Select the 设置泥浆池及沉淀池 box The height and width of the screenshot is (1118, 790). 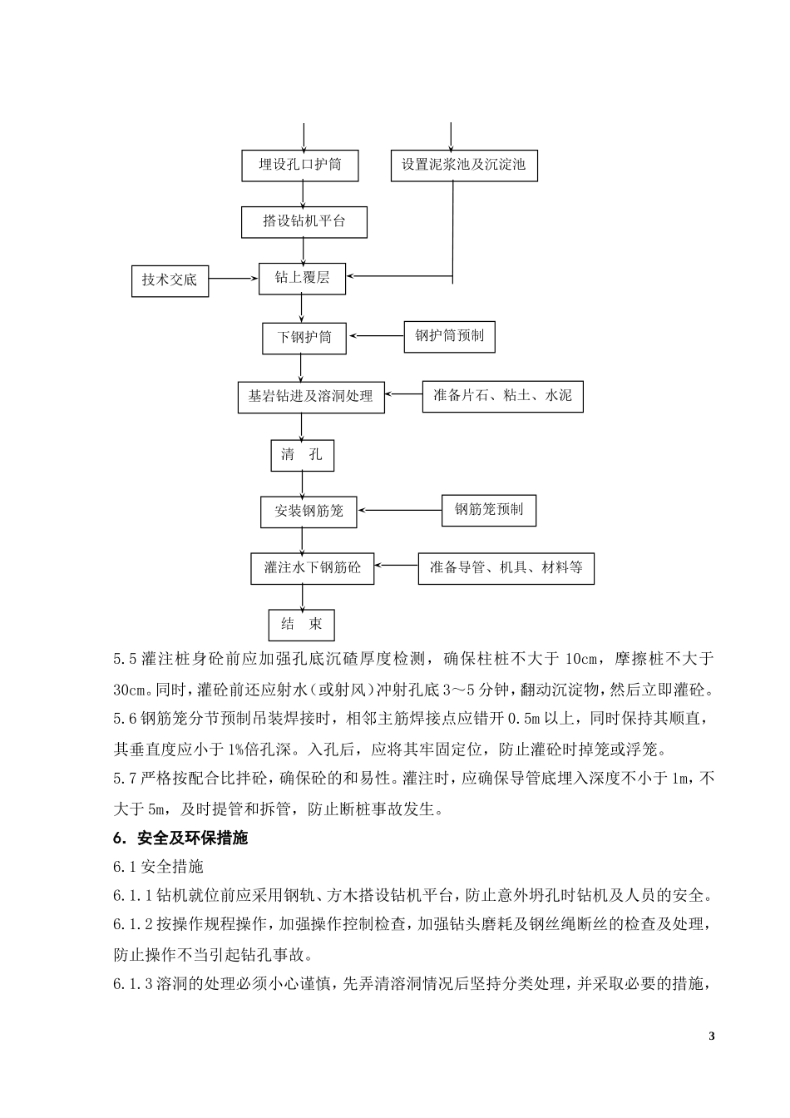[x=463, y=165]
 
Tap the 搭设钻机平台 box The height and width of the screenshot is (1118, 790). [x=304, y=221]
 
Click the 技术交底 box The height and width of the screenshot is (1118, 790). [x=170, y=280]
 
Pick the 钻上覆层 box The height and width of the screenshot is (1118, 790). [x=302, y=278]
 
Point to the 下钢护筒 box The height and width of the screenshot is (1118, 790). [x=304, y=337]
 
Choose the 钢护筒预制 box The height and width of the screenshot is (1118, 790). [x=449, y=336]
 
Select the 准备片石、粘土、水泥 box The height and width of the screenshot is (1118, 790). [x=502, y=396]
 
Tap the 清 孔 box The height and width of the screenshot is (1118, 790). [x=302, y=455]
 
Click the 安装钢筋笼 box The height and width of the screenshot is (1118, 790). [x=309, y=511]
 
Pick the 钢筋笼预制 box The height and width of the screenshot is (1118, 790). [x=488, y=509]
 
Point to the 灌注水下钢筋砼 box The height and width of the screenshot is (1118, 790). [x=313, y=568]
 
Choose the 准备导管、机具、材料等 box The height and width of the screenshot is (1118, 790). [x=506, y=568]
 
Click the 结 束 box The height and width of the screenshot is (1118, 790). [x=301, y=625]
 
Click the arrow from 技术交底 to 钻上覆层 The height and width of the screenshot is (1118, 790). [x=233, y=279]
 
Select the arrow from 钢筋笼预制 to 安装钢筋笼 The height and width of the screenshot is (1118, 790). [x=399, y=510]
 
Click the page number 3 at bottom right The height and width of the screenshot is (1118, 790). [x=710, y=1036]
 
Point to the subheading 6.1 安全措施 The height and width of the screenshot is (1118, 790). [x=158, y=867]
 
